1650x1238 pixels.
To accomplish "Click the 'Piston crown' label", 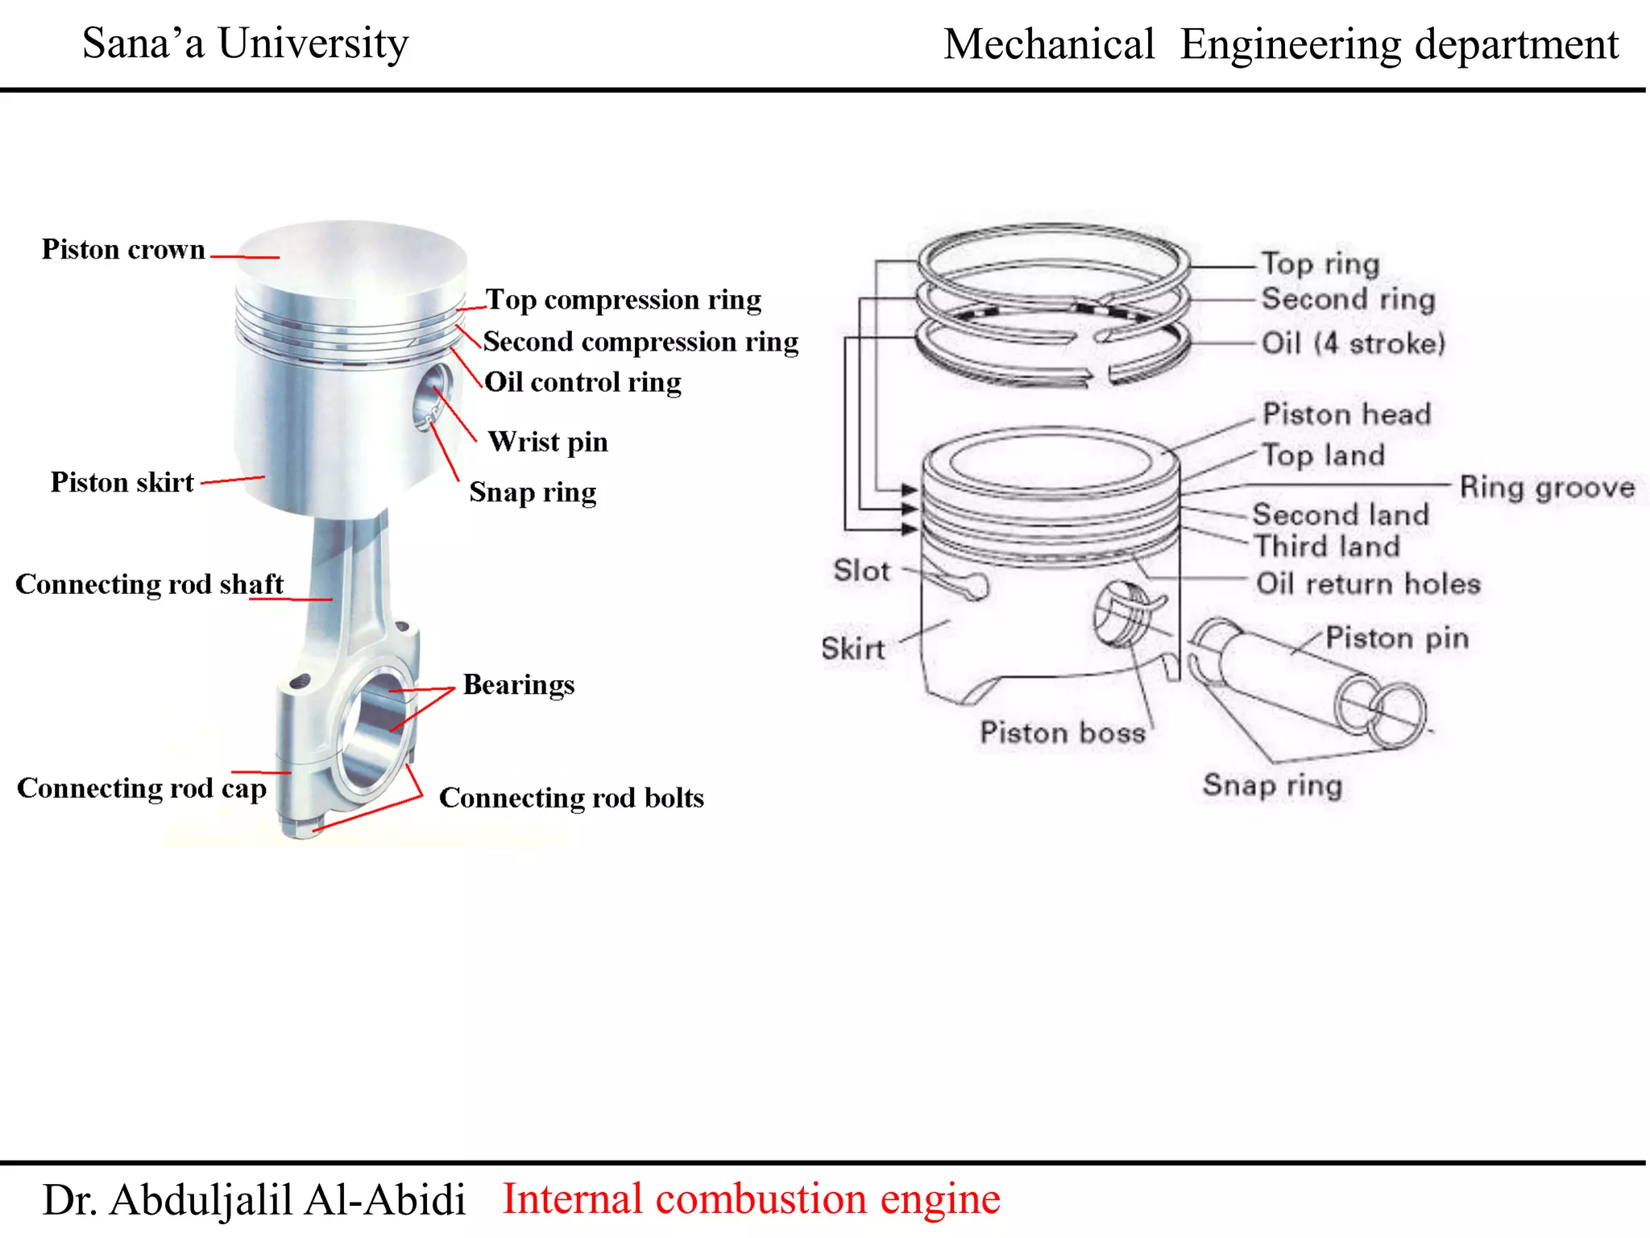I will click(123, 249).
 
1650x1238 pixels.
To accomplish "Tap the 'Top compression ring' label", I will click(623, 300).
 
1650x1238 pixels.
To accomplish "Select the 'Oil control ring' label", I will click(582, 382).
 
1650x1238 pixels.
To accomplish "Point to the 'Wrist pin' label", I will click(548, 442).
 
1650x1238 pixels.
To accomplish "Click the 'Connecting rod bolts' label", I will click(571, 798).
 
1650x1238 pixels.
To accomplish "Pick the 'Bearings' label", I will click(518, 685).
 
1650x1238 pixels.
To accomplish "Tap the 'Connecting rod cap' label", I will click(142, 788).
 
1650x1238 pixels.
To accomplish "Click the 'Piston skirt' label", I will click(122, 482).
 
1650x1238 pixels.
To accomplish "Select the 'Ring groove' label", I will click(1547, 487).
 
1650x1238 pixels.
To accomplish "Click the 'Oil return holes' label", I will click(1368, 584).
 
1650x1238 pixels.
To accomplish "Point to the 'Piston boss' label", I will click(1062, 733).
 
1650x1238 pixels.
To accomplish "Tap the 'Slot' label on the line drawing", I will click(861, 571).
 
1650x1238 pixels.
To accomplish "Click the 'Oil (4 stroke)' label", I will click(1354, 343).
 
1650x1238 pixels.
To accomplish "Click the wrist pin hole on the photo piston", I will click(433, 396).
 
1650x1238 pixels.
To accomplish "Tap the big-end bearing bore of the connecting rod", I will click(372, 732).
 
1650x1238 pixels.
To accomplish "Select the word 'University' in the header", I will click(313, 44).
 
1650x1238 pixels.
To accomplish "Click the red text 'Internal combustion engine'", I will click(751, 1199).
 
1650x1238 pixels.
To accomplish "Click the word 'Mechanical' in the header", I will click(1049, 44).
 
